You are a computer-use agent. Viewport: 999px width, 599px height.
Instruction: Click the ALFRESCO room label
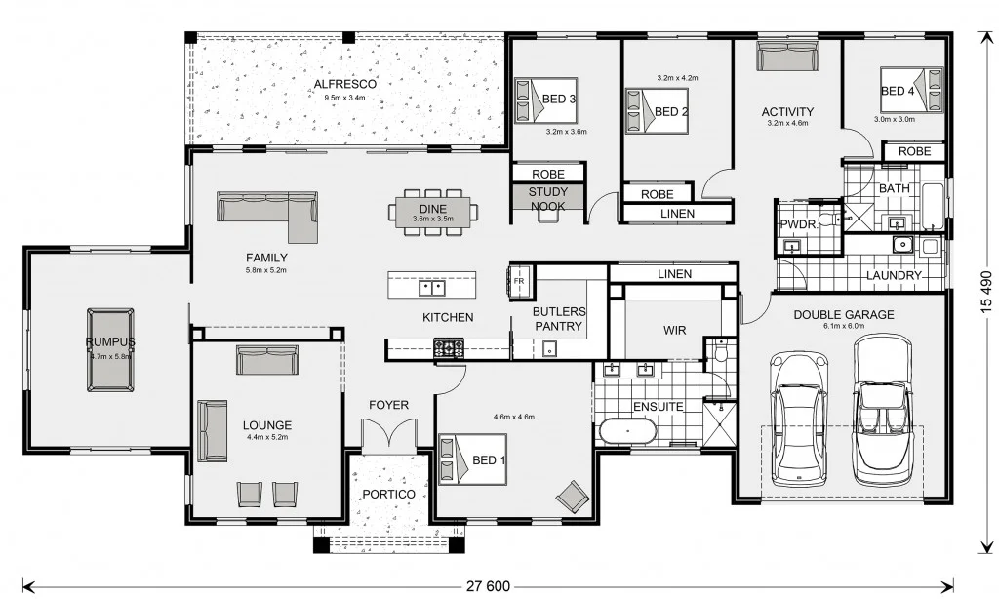click(344, 84)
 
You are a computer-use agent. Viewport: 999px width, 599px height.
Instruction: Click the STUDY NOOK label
click(547, 199)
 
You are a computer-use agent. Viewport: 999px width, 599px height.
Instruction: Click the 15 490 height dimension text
click(984, 293)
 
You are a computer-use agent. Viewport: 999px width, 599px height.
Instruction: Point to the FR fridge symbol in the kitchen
click(519, 283)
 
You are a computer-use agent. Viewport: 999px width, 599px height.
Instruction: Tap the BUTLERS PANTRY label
click(559, 319)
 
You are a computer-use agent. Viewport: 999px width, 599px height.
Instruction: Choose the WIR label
click(674, 331)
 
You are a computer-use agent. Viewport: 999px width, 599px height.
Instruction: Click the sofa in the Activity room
click(787, 58)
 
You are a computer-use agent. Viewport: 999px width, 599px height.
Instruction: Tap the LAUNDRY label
click(894, 276)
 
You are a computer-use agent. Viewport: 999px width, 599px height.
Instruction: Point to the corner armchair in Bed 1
click(573, 498)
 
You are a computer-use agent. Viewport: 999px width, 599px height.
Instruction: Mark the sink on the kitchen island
click(431, 287)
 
